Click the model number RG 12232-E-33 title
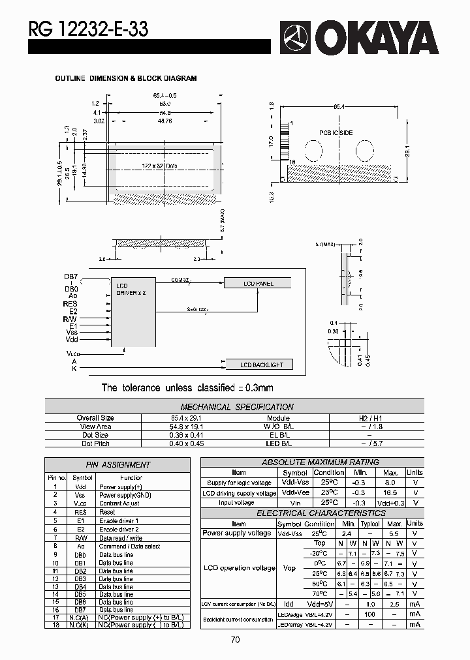pos(89,29)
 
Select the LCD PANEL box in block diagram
pos(258,283)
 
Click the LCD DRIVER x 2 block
pos(133,307)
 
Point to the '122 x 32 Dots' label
pos(159,166)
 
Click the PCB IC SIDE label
pos(336,133)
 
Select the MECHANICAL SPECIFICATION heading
pos(236,407)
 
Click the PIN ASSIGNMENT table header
pos(118,465)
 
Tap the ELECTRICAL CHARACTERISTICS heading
pos(311,513)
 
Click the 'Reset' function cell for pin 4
pos(107,512)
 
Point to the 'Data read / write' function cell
pos(121,537)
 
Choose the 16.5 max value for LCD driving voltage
pos(390,493)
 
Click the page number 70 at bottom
pos(235,640)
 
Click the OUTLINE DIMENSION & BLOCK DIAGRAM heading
pos(125,78)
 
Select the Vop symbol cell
pos(290,568)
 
